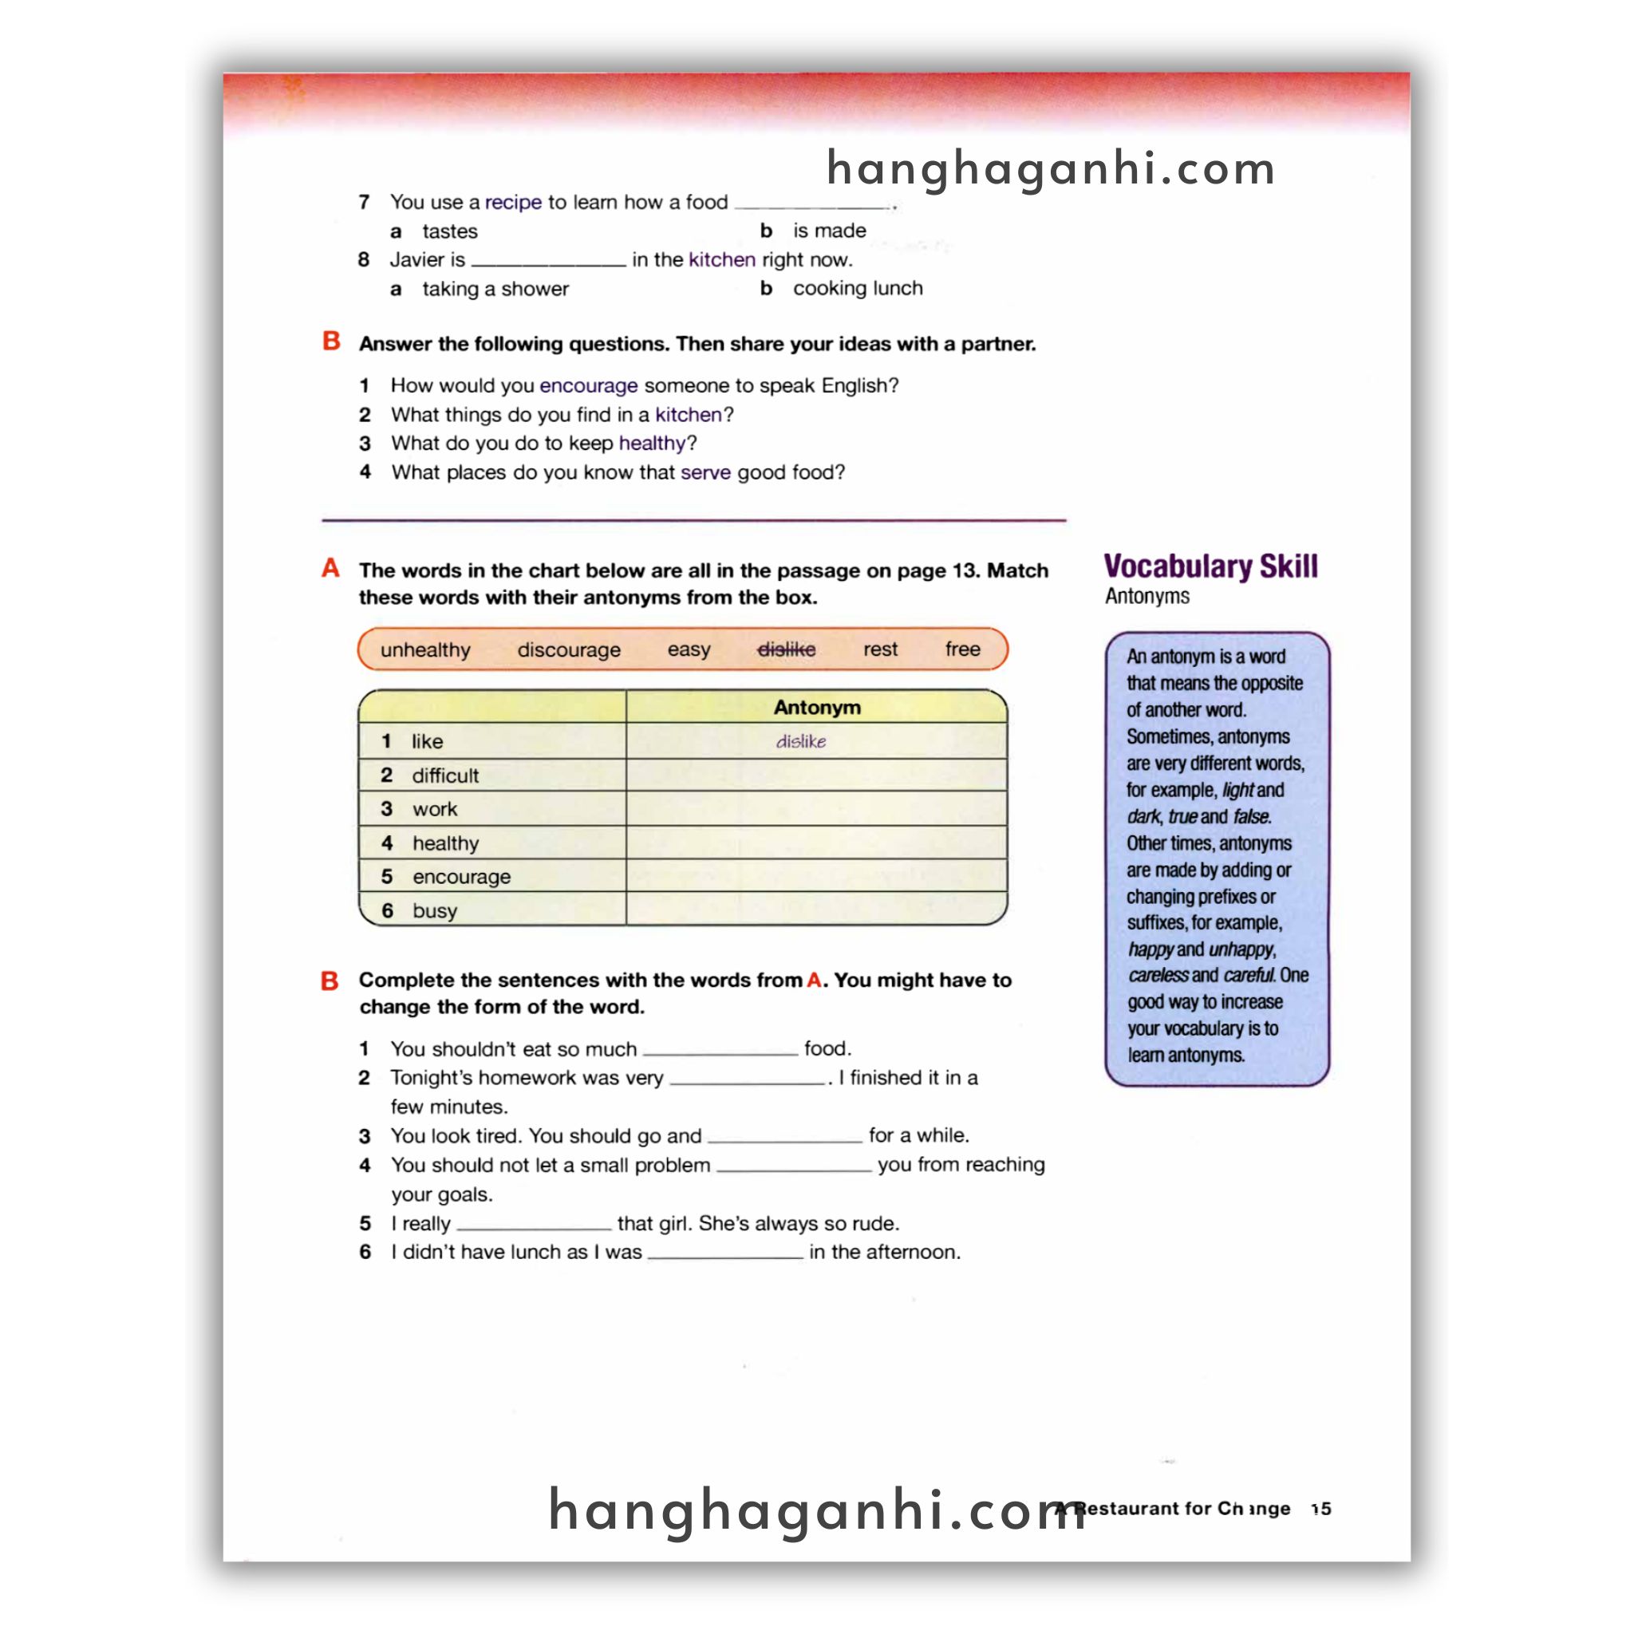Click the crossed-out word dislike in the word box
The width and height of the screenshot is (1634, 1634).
786,649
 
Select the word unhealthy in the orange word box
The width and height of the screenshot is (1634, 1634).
424,649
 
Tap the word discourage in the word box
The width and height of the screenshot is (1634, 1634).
568,649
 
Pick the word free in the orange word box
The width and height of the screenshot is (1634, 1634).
961,649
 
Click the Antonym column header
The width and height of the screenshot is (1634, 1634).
816,707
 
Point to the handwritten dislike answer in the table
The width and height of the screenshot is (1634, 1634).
801,742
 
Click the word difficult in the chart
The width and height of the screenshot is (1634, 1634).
445,776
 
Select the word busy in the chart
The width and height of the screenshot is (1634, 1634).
434,911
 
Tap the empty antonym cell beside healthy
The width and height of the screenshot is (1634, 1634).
816,843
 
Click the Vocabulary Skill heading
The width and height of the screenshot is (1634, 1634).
1210,566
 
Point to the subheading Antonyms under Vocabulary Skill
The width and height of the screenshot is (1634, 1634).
1147,596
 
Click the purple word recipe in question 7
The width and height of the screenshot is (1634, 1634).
512,202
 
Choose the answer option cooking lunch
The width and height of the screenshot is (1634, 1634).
857,288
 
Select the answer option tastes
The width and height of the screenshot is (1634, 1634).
449,231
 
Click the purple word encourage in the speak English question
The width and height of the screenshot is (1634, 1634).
588,385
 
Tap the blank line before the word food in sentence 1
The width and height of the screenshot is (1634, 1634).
720,1050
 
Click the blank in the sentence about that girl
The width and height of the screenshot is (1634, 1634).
534,1224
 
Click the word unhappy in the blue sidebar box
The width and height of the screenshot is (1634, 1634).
1241,949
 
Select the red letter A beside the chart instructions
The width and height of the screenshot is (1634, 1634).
330,568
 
